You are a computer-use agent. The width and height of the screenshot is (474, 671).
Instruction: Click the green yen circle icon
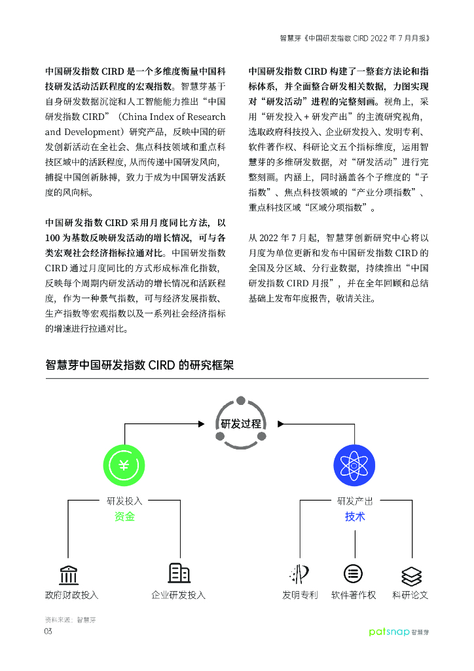(124, 465)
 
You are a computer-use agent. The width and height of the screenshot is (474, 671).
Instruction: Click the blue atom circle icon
(354, 465)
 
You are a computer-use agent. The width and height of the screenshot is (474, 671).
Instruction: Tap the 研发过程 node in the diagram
(241, 423)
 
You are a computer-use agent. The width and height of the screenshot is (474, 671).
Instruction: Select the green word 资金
(124, 517)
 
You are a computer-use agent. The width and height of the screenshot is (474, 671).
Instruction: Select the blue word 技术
(355, 517)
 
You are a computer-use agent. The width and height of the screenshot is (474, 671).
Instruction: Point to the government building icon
(69, 574)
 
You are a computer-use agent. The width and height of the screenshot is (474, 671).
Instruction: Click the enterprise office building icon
(179, 573)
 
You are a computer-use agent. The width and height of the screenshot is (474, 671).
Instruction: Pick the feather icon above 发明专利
(299, 574)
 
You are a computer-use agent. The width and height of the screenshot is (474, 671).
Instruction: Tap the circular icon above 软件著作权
(354, 574)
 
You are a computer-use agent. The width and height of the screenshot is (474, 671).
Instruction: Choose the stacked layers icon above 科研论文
(410, 575)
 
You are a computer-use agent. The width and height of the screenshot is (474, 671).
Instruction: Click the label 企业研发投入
(178, 595)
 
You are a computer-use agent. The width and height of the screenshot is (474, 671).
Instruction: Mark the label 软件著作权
(354, 595)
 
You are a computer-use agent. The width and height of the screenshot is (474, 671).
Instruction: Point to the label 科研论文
(410, 595)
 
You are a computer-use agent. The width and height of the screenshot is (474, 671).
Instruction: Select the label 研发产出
(355, 501)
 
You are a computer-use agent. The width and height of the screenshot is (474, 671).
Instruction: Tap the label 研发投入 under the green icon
(124, 501)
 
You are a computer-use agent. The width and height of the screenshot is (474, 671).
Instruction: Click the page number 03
(48, 631)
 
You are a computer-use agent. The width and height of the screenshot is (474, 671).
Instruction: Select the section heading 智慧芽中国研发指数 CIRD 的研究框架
(139, 366)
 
